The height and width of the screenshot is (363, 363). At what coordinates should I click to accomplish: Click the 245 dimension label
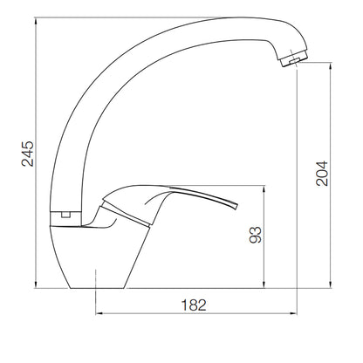click(28, 154)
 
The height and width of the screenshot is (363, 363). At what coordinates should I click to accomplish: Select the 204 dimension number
click(322, 174)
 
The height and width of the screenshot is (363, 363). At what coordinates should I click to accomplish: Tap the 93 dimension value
click(256, 235)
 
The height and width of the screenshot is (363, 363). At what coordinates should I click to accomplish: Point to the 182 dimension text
click(194, 305)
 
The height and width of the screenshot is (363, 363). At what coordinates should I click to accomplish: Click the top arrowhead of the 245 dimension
click(36, 21)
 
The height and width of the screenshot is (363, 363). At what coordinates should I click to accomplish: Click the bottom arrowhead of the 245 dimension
click(36, 284)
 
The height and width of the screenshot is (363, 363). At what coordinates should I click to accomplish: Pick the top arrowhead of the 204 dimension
click(331, 66)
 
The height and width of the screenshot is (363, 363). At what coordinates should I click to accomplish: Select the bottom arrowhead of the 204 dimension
click(331, 284)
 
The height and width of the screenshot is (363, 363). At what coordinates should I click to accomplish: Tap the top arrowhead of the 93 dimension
click(264, 188)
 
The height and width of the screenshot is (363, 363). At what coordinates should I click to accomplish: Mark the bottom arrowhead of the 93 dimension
click(264, 284)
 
